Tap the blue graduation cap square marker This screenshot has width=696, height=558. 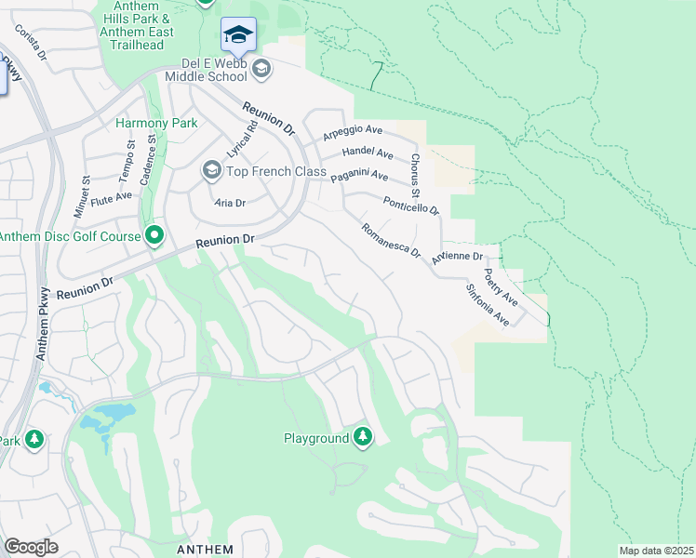click(x=238, y=34)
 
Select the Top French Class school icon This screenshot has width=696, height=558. click(x=211, y=171)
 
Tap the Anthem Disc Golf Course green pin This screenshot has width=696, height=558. click(x=154, y=236)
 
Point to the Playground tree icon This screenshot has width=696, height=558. click(x=362, y=437)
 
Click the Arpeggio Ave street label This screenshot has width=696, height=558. click(x=354, y=133)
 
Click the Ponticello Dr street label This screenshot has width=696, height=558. click(x=410, y=206)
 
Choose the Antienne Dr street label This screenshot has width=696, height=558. click(x=459, y=256)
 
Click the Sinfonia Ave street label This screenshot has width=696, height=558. click(x=489, y=305)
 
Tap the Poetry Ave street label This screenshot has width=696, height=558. click(x=502, y=289)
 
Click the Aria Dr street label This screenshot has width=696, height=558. click(x=230, y=203)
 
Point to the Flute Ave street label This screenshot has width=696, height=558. click(x=111, y=197)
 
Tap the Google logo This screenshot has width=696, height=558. click(x=31, y=547)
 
